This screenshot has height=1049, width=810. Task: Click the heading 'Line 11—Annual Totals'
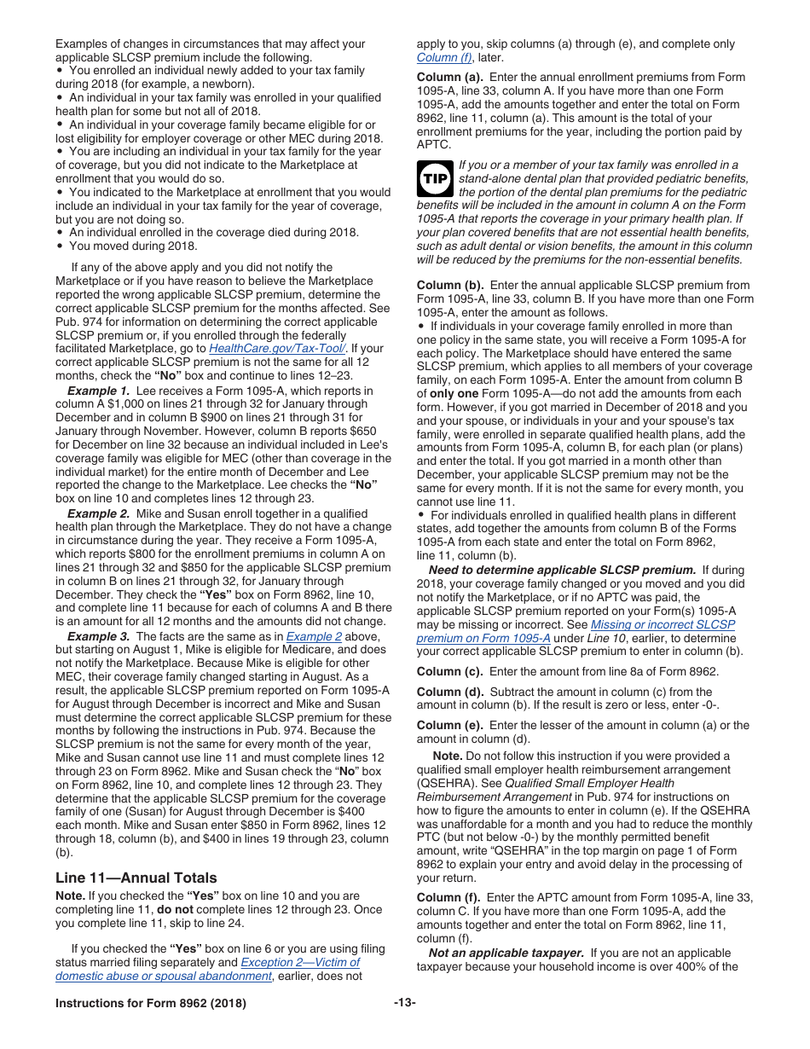pyautogui.click(x=136, y=878)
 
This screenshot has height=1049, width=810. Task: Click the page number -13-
pyautogui.click(x=404, y=1003)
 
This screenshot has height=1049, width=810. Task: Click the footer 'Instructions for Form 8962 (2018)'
pyautogui.click(x=151, y=1003)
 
